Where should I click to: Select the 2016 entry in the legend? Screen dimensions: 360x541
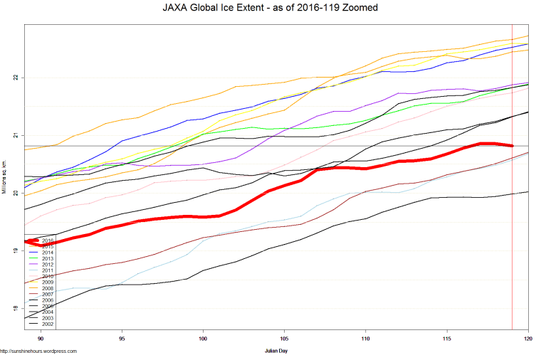48,240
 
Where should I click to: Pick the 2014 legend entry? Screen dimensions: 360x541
48,253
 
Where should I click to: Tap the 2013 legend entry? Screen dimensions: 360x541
48,259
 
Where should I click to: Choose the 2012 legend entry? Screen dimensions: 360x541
48,265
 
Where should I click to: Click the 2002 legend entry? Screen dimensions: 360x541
48,324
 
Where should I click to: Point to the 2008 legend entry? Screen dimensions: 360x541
48,288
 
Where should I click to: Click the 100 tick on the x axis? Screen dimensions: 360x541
204,337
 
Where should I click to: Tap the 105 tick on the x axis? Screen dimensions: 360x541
285,337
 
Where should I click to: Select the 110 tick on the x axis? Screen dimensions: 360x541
366,337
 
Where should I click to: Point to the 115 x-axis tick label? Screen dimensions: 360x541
447,337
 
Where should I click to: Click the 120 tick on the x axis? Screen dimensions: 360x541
527,337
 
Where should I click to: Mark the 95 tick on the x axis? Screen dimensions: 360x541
122,337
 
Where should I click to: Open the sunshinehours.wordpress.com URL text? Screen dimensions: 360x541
38,351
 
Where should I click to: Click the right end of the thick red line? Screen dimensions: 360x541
513,146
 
